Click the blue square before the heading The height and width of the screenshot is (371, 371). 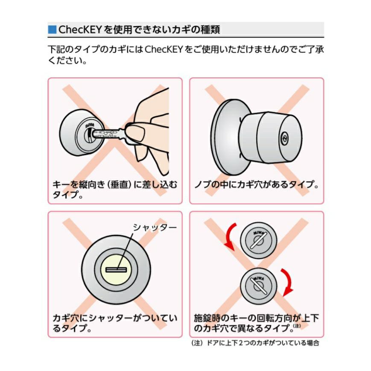(52, 29)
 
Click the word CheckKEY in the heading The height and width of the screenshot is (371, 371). (80, 29)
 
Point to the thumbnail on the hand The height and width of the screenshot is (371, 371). (135, 133)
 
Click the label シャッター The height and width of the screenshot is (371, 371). (155, 228)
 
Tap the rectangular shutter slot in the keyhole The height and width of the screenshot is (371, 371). (116, 270)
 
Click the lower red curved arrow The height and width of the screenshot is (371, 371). (289, 282)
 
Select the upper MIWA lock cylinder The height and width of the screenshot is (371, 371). (258, 240)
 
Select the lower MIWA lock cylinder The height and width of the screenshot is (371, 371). (258, 286)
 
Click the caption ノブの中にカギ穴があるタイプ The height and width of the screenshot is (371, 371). (256, 184)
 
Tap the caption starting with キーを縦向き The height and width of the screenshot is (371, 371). (115, 190)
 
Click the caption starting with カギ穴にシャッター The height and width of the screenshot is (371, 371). (115, 323)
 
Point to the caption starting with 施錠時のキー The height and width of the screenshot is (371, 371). (256, 323)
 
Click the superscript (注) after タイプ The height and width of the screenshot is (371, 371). (297, 326)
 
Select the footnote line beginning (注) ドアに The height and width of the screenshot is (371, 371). (255, 343)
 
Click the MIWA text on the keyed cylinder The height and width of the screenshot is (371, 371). (90, 125)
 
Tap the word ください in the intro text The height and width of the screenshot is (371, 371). (67, 61)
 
